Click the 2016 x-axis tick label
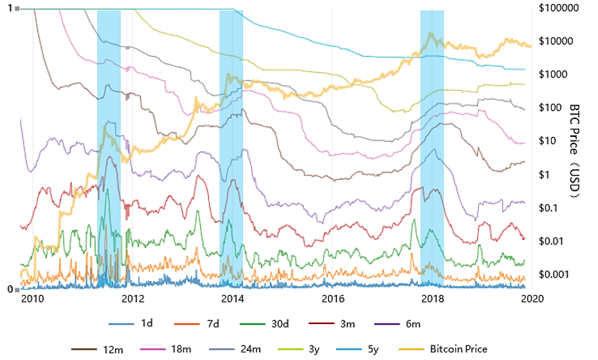coord(333,299)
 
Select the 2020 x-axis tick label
coord(531,299)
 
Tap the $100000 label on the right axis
coord(557,8)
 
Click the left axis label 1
coord(9,9)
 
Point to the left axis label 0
coord(9,289)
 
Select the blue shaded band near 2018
coord(432,148)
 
